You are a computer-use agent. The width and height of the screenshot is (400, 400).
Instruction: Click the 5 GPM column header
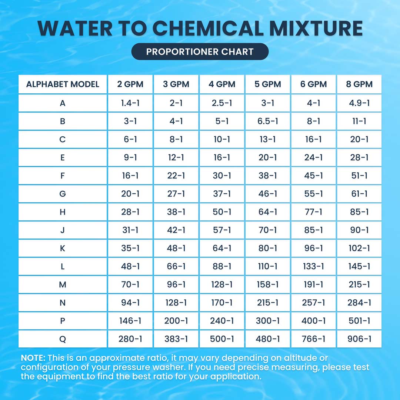267,84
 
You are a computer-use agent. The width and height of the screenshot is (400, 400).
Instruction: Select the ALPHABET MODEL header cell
63,84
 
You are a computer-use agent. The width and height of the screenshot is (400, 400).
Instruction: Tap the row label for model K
63,248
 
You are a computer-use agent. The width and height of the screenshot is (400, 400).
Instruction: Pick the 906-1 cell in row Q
359,339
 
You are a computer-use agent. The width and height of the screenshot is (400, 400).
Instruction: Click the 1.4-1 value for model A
130,103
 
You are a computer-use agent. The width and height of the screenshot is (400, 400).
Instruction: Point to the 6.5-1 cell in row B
267,121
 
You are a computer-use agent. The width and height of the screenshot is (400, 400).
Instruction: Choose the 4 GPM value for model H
222,212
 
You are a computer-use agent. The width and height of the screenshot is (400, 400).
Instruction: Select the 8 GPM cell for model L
359,266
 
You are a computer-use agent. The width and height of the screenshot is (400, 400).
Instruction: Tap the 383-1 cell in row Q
176,339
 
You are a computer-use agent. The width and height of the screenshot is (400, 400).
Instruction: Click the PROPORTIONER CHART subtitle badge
200,51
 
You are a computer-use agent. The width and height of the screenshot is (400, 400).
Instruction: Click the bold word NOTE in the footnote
33,358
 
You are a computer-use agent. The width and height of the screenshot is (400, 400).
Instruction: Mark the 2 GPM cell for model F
130,176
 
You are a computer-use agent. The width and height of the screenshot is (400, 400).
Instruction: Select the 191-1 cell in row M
313,284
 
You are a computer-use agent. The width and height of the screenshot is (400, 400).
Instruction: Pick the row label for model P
63,321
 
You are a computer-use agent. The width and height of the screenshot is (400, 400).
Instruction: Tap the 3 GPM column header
176,84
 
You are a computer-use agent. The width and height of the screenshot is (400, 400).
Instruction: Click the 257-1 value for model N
313,303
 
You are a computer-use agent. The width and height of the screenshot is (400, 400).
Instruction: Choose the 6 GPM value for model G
313,194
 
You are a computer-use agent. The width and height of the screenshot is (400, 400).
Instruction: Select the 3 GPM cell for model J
176,230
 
